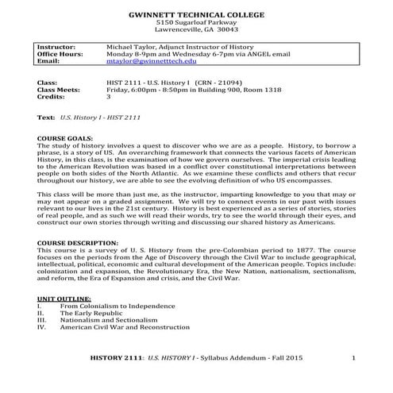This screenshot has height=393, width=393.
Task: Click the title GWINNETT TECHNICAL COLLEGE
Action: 196,15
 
